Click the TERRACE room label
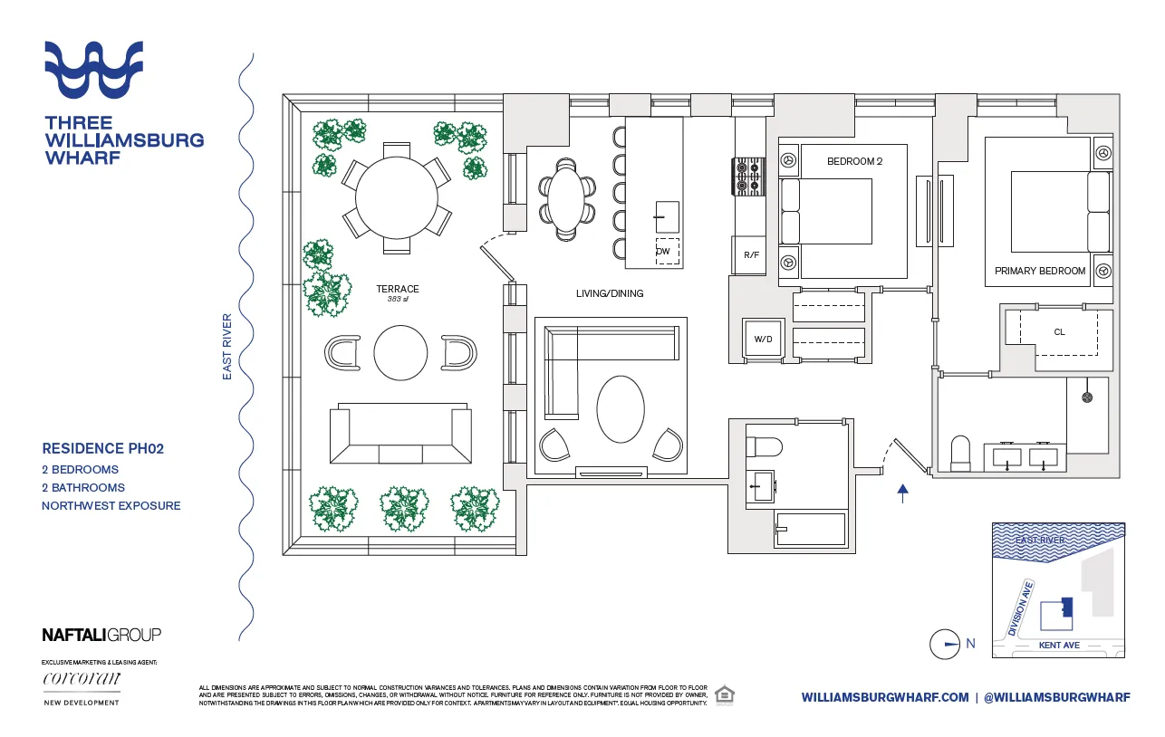[x=398, y=290]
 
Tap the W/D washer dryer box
[x=764, y=340]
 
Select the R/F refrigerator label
[x=751, y=255]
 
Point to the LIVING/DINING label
[x=610, y=293]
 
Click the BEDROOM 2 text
[x=853, y=161]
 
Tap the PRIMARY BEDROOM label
[x=1039, y=271]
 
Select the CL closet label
[x=1059, y=332]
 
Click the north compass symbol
[x=945, y=644]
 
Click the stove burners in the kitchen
[x=750, y=176]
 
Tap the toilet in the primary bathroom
[x=959, y=453]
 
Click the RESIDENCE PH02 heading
[x=102, y=448]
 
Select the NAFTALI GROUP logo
[x=101, y=635]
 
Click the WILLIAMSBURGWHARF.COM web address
[x=885, y=697]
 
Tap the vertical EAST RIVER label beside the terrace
[x=228, y=346]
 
